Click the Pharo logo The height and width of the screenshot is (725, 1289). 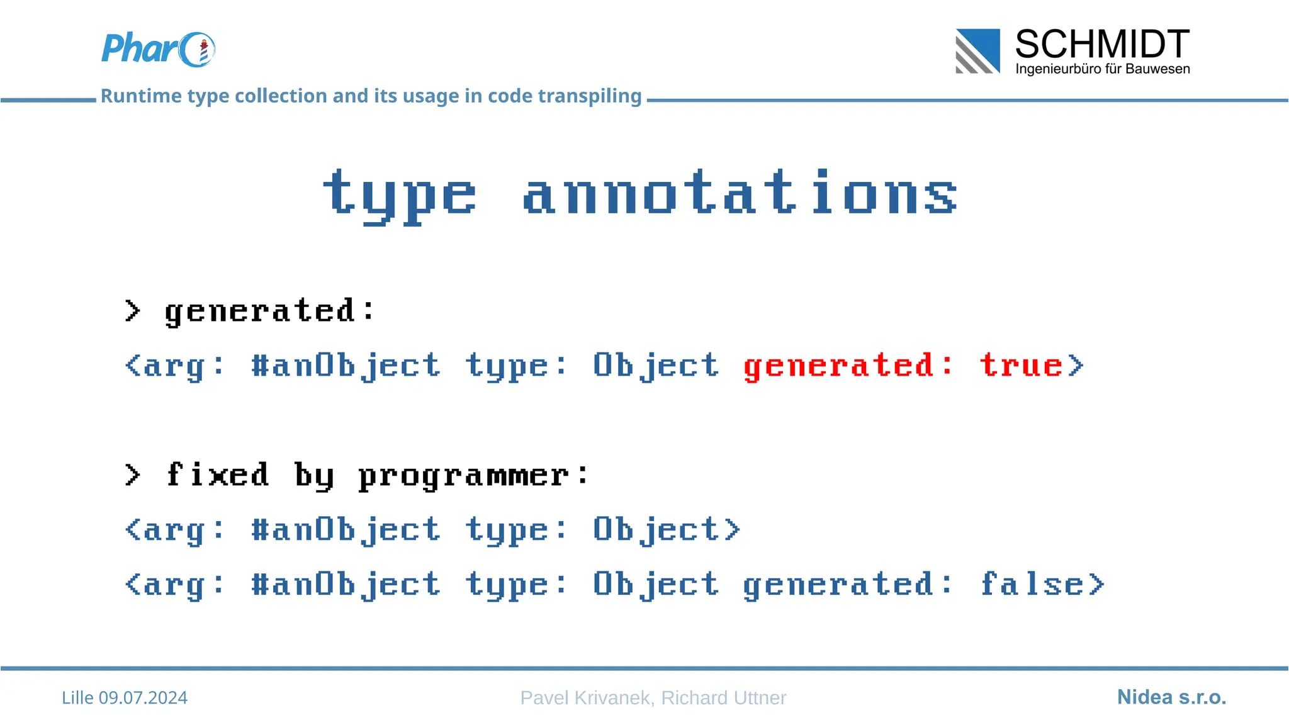[158, 49]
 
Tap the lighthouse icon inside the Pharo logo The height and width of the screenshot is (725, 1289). [203, 52]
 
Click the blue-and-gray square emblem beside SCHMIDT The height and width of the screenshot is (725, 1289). [977, 51]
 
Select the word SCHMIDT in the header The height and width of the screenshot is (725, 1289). [1102, 45]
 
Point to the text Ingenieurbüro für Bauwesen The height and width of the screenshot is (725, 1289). [1102, 69]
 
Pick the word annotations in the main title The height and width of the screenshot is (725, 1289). [740, 193]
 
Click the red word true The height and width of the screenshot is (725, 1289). [1022, 365]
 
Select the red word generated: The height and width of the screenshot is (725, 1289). [848, 366]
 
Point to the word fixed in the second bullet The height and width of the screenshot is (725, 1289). [218, 475]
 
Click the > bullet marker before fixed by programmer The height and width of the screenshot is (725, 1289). [132, 475]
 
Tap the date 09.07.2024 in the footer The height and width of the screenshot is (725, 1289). [143, 698]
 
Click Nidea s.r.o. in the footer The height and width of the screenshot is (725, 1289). [1171, 697]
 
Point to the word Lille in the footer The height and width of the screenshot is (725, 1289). [77, 698]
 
